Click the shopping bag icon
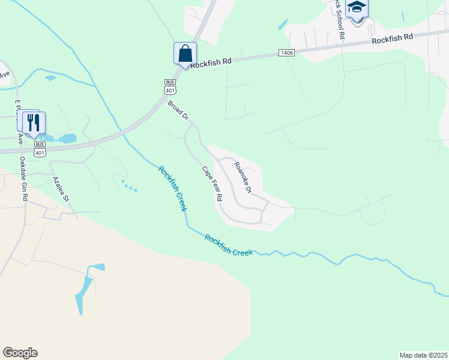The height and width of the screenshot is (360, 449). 185,53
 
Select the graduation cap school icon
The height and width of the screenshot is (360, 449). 357,8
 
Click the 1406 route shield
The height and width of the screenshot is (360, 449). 286,53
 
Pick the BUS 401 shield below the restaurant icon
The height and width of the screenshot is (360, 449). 40,149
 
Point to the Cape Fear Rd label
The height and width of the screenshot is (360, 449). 212,184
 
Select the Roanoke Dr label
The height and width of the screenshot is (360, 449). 243,178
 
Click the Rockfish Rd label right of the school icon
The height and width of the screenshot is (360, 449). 392,39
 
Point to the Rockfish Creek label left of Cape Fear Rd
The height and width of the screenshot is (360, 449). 173,188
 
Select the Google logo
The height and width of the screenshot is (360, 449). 20,352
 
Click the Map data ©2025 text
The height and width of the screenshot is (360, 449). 423,355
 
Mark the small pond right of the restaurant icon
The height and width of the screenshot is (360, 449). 67,139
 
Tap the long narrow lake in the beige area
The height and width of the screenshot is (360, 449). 83,290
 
